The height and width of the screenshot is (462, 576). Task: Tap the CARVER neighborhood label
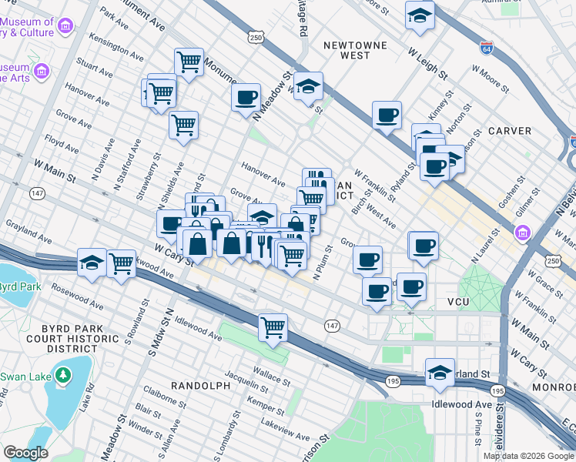(510, 131)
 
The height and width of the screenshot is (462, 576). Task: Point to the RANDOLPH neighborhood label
(199, 385)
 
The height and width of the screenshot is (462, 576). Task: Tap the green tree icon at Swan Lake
(62, 376)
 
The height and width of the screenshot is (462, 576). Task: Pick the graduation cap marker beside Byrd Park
(92, 263)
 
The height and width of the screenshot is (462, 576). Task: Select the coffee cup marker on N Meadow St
(246, 97)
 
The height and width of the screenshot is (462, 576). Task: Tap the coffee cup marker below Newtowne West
(387, 115)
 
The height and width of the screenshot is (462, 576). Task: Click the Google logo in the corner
(26, 453)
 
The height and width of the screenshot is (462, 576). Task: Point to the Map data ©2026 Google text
(528, 456)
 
